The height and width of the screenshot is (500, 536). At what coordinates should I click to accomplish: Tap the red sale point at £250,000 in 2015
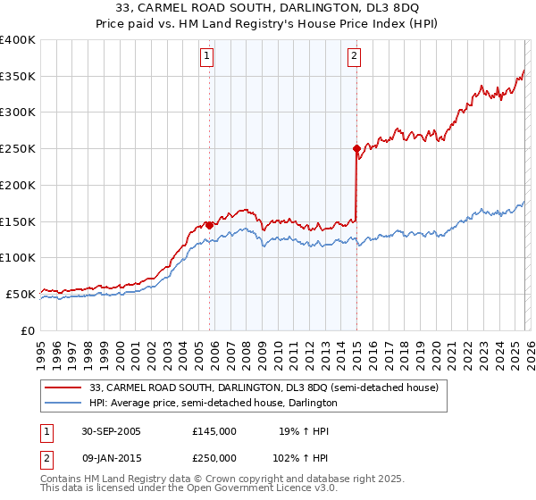[x=356, y=148]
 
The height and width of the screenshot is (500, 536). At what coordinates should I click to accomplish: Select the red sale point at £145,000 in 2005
[x=210, y=225]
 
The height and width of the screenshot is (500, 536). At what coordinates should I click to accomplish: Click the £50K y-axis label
[x=21, y=294]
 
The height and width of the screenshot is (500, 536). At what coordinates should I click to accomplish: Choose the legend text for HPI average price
[x=214, y=404]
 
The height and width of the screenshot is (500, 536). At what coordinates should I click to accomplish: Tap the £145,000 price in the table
[x=214, y=431]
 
